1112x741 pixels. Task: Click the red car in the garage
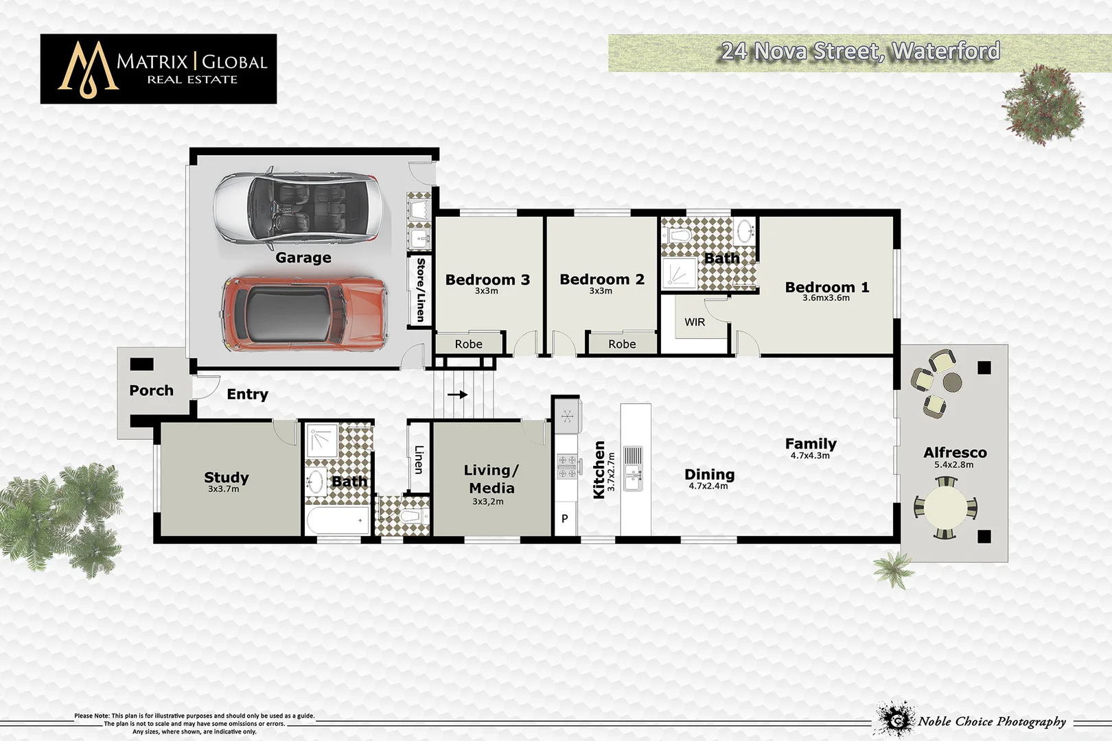pyautogui.click(x=304, y=314)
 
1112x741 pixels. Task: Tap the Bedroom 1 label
pyautogui.click(x=826, y=287)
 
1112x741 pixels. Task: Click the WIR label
pyautogui.click(x=694, y=322)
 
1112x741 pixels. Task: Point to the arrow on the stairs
pyautogui.click(x=458, y=395)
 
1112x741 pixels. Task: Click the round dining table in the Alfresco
pyautogui.click(x=945, y=508)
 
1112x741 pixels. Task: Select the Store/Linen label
pyautogui.click(x=420, y=290)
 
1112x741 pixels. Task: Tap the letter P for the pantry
pyautogui.click(x=564, y=519)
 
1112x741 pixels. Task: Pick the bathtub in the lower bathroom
pyautogui.click(x=337, y=521)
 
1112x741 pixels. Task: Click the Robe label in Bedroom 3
pyautogui.click(x=468, y=344)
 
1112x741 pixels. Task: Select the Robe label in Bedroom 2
pyautogui.click(x=622, y=344)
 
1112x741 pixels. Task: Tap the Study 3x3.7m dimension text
pyautogui.click(x=224, y=489)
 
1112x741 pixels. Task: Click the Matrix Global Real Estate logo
pyautogui.click(x=159, y=69)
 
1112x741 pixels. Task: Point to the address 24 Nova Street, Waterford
pyautogui.click(x=859, y=51)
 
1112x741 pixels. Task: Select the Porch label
pyautogui.click(x=151, y=390)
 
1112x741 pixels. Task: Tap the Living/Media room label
pyautogui.click(x=491, y=479)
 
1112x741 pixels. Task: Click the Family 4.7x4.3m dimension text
pyautogui.click(x=810, y=456)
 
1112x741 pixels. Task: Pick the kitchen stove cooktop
pyautogui.click(x=567, y=466)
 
